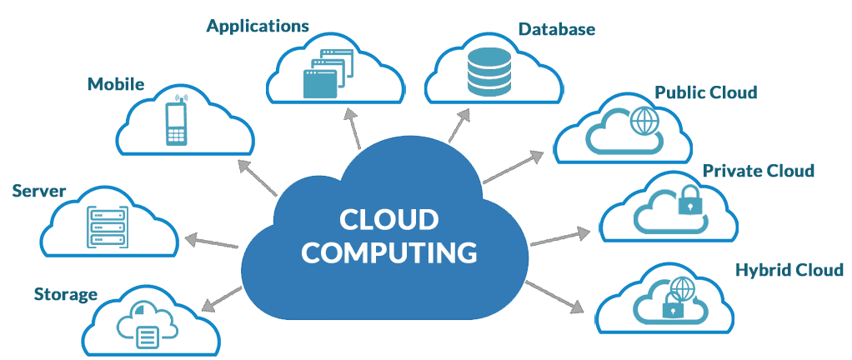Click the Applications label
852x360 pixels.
pyautogui.click(x=258, y=26)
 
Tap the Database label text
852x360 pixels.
pyautogui.click(x=557, y=29)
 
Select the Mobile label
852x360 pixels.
pyautogui.click(x=116, y=84)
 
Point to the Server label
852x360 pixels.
pyautogui.click(x=39, y=192)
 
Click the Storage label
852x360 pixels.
pyautogui.click(x=66, y=294)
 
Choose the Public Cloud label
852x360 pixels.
pyautogui.click(x=705, y=92)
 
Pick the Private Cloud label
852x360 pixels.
pyautogui.click(x=758, y=171)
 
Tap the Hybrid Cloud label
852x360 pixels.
pyautogui.click(x=789, y=270)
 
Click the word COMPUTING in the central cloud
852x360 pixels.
pyautogui.click(x=389, y=251)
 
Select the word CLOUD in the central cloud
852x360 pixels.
pyautogui.click(x=389, y=220)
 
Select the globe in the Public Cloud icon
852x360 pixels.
pyautogui.click(x=644, y=121)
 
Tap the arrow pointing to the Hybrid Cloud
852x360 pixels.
pyautogui.click(x=555, y=297)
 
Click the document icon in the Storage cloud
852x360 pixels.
pyautogui.click(x=147, y=336)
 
